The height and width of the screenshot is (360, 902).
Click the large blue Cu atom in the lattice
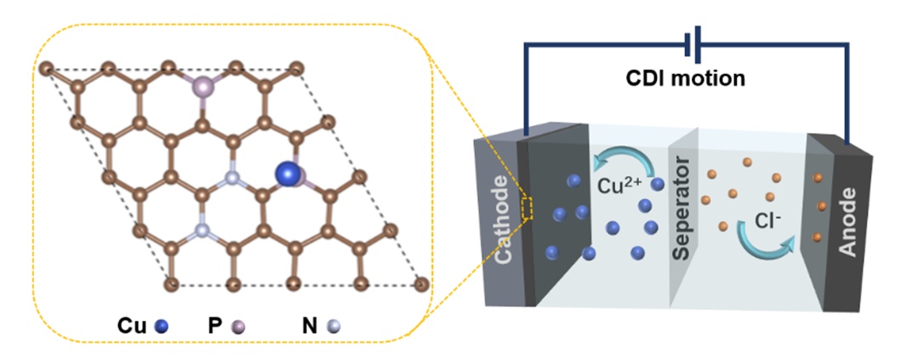click(x=288, y=174)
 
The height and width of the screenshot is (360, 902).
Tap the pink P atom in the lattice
click(x=203, y=86)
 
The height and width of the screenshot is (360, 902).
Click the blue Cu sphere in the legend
click(x=163, y=325)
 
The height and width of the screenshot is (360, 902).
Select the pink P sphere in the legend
click(x=239, y=325)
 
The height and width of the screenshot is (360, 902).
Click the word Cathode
click(x=502, y=220)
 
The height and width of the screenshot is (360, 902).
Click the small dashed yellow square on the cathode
click(x=528, y=209)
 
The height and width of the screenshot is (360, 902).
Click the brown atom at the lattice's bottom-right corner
click(x=420, y=284)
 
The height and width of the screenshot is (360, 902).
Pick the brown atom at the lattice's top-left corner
click(x=47, y=67)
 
